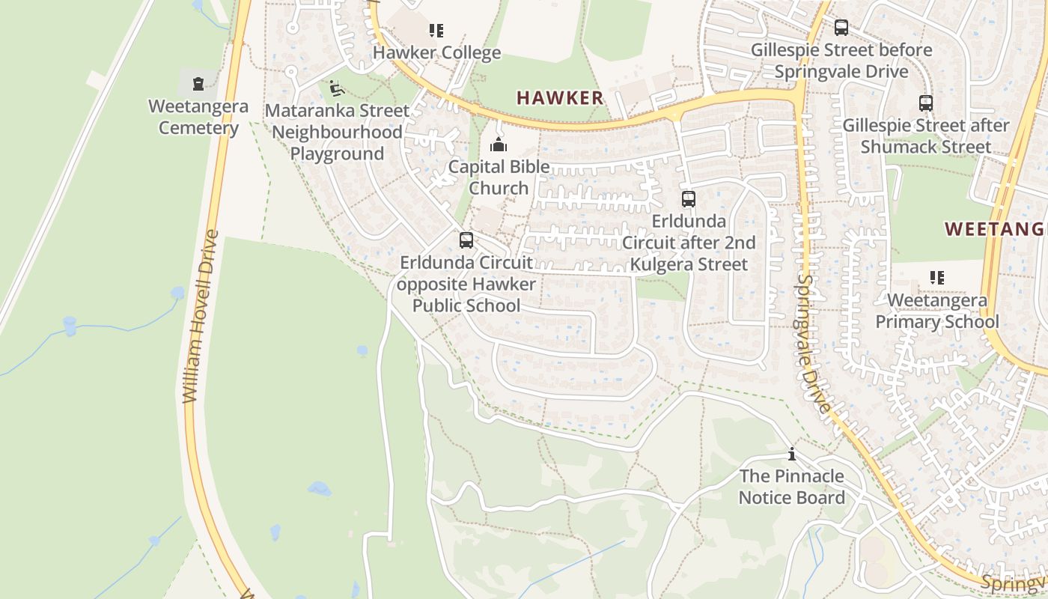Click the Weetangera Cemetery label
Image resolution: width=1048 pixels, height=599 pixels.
(198, 117)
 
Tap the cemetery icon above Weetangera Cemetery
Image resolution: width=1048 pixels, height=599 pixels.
(198, 83)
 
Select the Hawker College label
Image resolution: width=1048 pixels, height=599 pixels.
(436, 52)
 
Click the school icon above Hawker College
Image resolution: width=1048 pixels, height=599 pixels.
(436, 31)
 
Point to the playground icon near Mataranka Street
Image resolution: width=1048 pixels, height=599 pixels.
(336, 88)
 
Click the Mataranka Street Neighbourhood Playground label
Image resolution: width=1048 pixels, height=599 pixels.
(338, 133)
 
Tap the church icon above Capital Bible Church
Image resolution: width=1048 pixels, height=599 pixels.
(499, 145)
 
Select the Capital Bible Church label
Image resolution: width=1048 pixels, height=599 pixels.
(499, 177)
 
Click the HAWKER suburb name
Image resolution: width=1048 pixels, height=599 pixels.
(560, 97)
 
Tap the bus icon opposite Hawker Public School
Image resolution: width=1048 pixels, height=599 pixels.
(466, 240)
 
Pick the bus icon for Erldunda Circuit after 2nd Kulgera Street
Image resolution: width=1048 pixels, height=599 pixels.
(689, 199)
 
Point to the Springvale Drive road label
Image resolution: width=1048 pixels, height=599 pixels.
(814, 343)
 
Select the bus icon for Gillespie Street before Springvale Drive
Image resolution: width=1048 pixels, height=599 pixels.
(841, 28)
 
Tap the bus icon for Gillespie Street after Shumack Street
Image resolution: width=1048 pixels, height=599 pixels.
(926, 103)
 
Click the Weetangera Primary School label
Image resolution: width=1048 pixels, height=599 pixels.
(937, 311)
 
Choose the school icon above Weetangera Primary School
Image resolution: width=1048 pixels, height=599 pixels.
(936, 278)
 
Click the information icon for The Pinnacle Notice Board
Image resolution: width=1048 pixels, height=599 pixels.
(791, 454)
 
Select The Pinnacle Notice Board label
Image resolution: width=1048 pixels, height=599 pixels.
(791, 487)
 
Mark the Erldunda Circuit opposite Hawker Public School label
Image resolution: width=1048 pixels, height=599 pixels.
(466, 284)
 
